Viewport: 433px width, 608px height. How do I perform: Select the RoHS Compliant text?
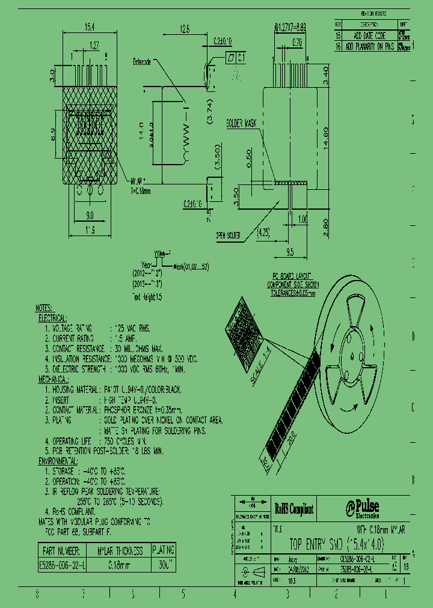tap(295, 509)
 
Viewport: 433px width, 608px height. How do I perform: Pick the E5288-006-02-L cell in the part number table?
tap(62, 565)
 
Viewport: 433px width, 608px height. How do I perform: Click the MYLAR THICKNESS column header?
tap(120, 550)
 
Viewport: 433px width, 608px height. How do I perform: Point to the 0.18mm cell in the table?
tap(120, 565)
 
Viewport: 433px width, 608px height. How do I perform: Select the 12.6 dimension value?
tap(185, 28)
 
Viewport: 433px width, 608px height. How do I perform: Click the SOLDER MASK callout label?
tap(241, 123)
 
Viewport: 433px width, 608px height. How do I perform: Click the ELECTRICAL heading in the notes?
tap(53, 318)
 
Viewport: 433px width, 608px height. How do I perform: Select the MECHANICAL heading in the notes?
tap(54, 380)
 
